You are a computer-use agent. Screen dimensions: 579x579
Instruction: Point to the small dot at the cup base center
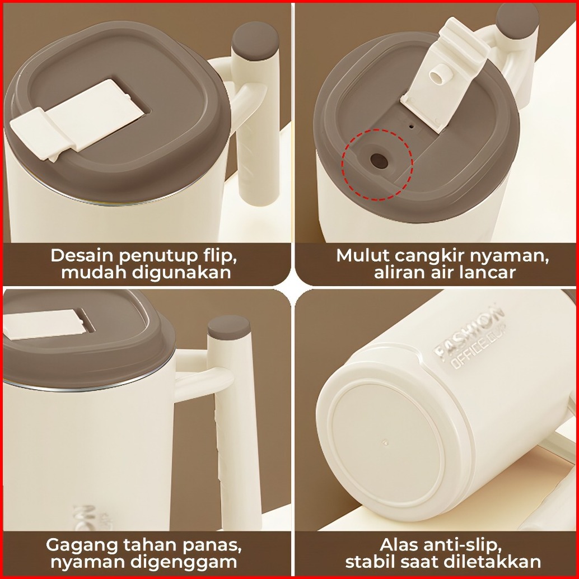tap(386, 442)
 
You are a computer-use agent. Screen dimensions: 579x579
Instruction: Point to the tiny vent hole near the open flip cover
tap(412, 127)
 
